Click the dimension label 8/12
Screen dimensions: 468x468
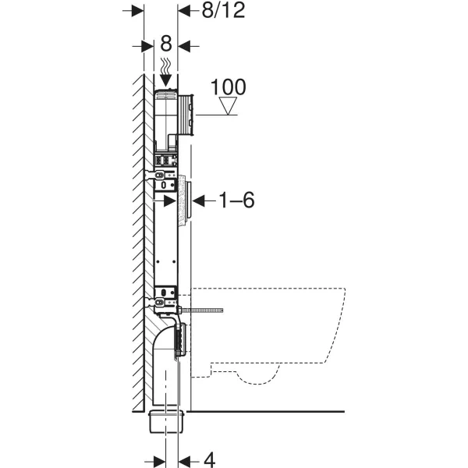(223, 11)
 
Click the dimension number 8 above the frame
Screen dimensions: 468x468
(166, 44)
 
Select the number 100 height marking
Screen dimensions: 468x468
(229, 87)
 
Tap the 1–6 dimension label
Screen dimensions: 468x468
(236, 200)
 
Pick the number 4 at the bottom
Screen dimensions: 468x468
(210, 459)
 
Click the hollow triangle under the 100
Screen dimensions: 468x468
(228, 105)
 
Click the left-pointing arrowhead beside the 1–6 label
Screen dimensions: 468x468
(199, 200)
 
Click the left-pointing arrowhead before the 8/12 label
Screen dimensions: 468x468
(184, 11)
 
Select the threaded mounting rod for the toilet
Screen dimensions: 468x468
(202, 310)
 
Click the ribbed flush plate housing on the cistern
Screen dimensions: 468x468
(186, 115)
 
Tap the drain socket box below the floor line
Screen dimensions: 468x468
(167, 422)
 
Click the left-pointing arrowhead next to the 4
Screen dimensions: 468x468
(184, 460)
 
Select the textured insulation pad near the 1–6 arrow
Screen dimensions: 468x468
(182, 202)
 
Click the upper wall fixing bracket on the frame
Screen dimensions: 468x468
(161, 175)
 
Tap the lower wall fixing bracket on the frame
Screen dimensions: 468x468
(161, 303)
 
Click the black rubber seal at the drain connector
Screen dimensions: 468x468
(179, 340)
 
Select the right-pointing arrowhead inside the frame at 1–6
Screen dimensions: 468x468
(169, 201)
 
